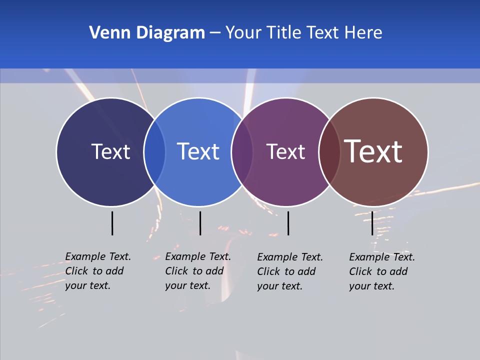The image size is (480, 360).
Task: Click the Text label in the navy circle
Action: click(110, 151)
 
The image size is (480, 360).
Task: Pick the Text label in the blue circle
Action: click(198, 151)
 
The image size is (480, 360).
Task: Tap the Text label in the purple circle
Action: click(285, 152)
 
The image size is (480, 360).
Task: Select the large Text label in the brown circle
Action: click(373, 151)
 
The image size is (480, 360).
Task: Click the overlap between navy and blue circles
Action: click(154, 152)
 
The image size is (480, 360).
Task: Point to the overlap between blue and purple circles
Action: click(242, 152)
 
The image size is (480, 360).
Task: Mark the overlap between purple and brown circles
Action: click(329, 152)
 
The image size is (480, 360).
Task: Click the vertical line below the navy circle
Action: click(112, 223)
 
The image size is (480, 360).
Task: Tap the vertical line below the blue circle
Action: click(200, 223)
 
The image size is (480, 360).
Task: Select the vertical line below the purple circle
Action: click(288, 223)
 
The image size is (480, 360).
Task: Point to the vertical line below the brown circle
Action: click(372, 223)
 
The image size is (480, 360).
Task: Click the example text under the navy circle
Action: click(98, 271)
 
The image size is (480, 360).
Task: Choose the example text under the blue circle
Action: click(198, 271)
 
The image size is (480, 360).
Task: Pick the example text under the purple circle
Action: click(290, 271)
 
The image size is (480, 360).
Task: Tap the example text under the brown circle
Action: click(382, 271)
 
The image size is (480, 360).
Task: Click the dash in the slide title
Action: click(215, 33)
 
